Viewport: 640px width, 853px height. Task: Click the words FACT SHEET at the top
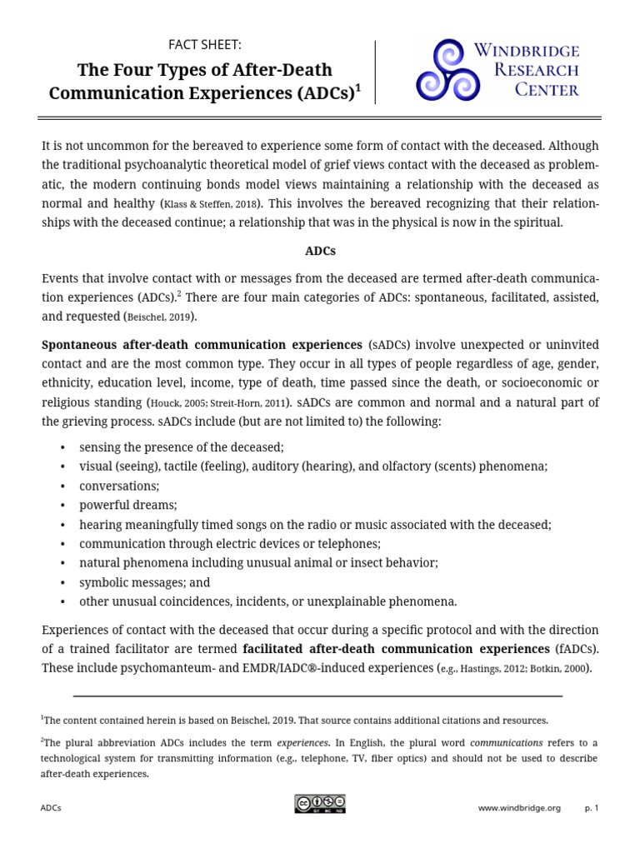tap(205, 45)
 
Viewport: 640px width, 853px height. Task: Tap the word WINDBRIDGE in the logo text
tap(527, 52)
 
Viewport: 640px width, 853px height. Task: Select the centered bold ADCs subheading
tap(320, 250)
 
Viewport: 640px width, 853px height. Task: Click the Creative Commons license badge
tap(319, 804)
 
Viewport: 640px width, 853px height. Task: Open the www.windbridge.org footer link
tap(519, 808)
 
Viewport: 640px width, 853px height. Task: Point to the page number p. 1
tap(592, 808)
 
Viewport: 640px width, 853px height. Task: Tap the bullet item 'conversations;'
tap(119, 486)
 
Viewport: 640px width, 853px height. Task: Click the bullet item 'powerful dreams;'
tap(128, 505)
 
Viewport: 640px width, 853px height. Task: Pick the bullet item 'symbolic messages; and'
tap(145, 582)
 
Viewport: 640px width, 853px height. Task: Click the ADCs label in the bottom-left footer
tap(51, 808)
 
